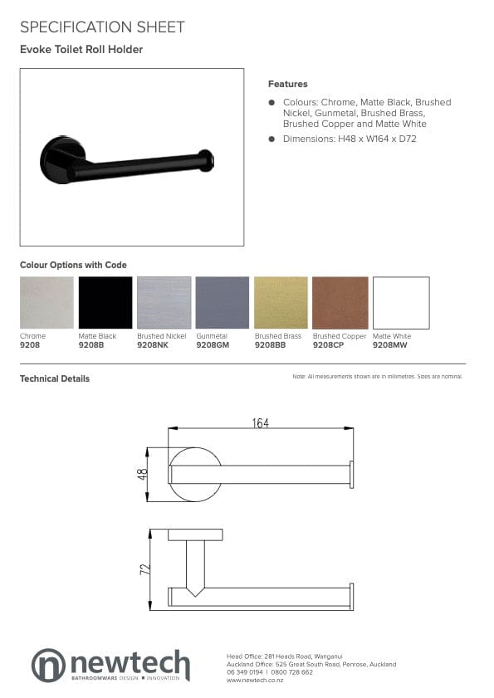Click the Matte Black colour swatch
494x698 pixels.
pos(105,302)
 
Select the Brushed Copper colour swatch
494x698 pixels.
pos(340,302)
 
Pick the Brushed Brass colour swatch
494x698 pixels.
pos(281,302)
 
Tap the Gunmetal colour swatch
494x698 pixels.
pos(223,302)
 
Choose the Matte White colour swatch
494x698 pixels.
pos(401,302)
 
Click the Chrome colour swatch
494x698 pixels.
pos(46,302)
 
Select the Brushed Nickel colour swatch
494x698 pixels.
pos(164,302)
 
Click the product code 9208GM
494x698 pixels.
pos(213,344)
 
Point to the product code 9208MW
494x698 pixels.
pos(390,344)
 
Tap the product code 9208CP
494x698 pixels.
pos(329,344)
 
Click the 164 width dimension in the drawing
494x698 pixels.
pos(261,423)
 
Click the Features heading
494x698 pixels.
pos(287,84)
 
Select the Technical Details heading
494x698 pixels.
pos(55,378)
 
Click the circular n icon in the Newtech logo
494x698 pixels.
pos(48,665)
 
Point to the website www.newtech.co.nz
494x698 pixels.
pos(255,680)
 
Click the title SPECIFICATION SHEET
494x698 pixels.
pos(102,27)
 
